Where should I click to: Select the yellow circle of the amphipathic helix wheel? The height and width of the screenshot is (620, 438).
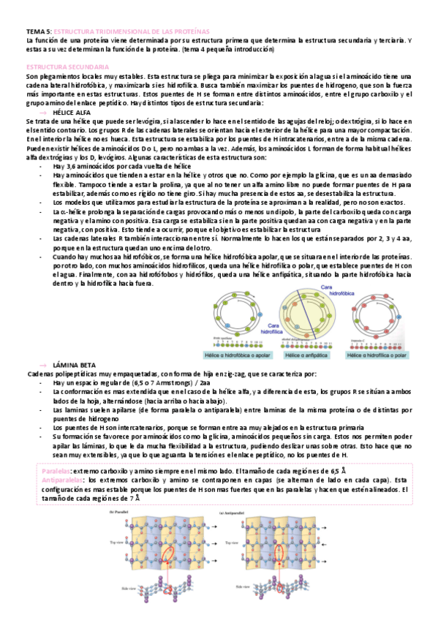tap(307, 314)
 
